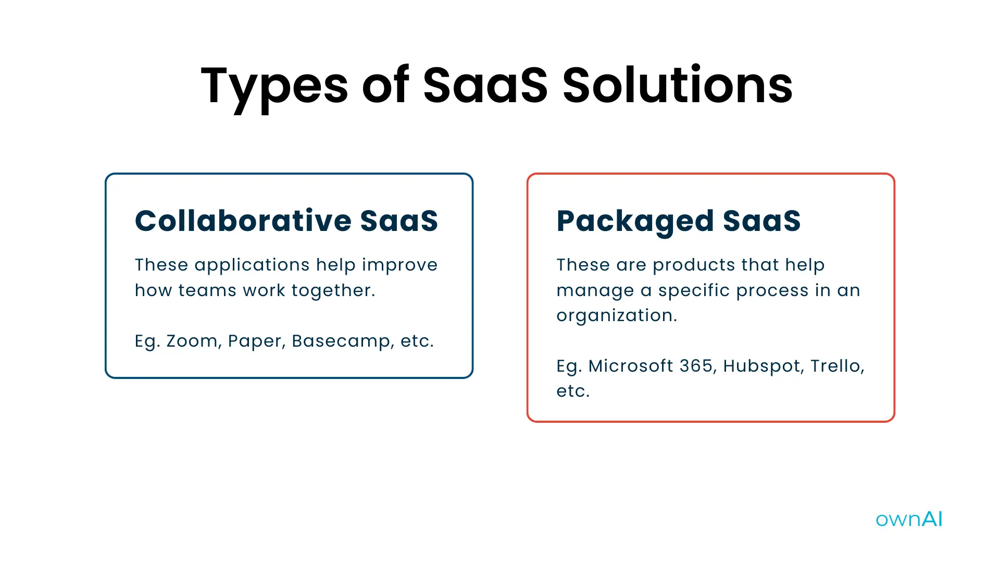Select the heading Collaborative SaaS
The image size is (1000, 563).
pyautogui.click(x=286, y=221)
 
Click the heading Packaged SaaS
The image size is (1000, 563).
pyautogui.click(x=678, y=221)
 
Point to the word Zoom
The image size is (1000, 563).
pyautogui.click(x=192, y=341)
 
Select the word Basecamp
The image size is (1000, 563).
pyautogui.click(x=342, y=341)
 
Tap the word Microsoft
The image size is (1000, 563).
pyautogui.click(x=631, y=366)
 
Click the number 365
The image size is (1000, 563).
pyautogui.click(x=696, y=366)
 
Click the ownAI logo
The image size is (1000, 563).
pyautogui.click(x=909, y=519)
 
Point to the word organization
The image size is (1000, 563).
pyautogui.click(x=616, y=316)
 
